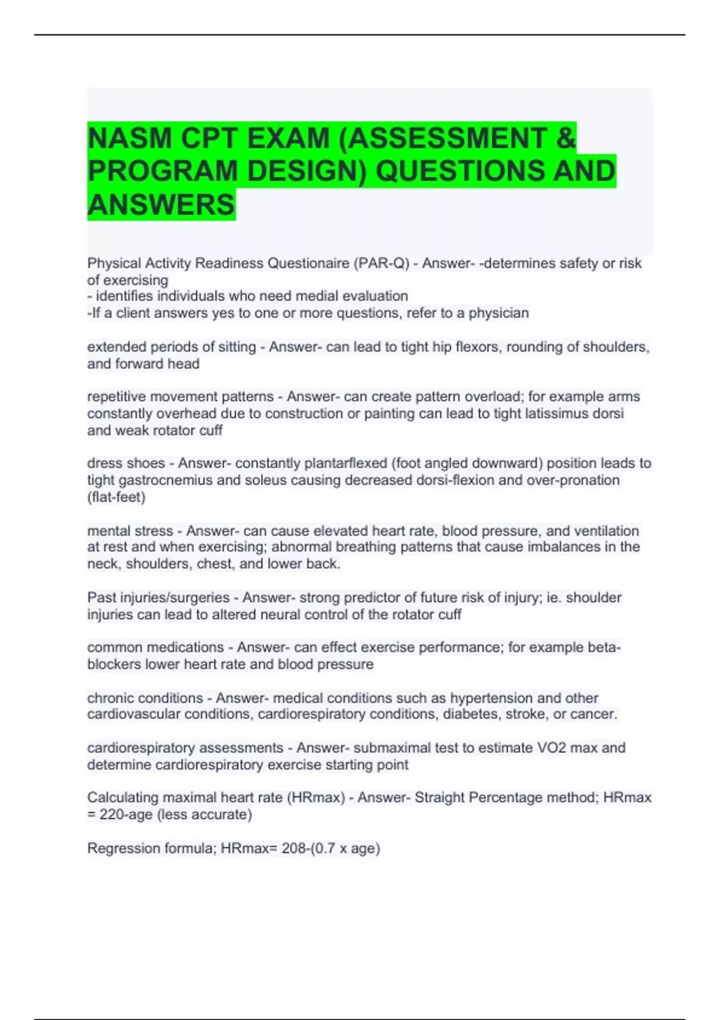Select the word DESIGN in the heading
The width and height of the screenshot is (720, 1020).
click(306, 171)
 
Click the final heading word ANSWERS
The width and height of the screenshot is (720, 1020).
click(161, 205)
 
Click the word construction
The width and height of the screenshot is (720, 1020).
click(297, 413)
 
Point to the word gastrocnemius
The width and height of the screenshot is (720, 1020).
click(157, 480)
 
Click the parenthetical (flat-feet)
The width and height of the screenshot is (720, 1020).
click(116, 497)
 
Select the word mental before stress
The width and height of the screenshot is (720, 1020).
click(108, 531)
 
